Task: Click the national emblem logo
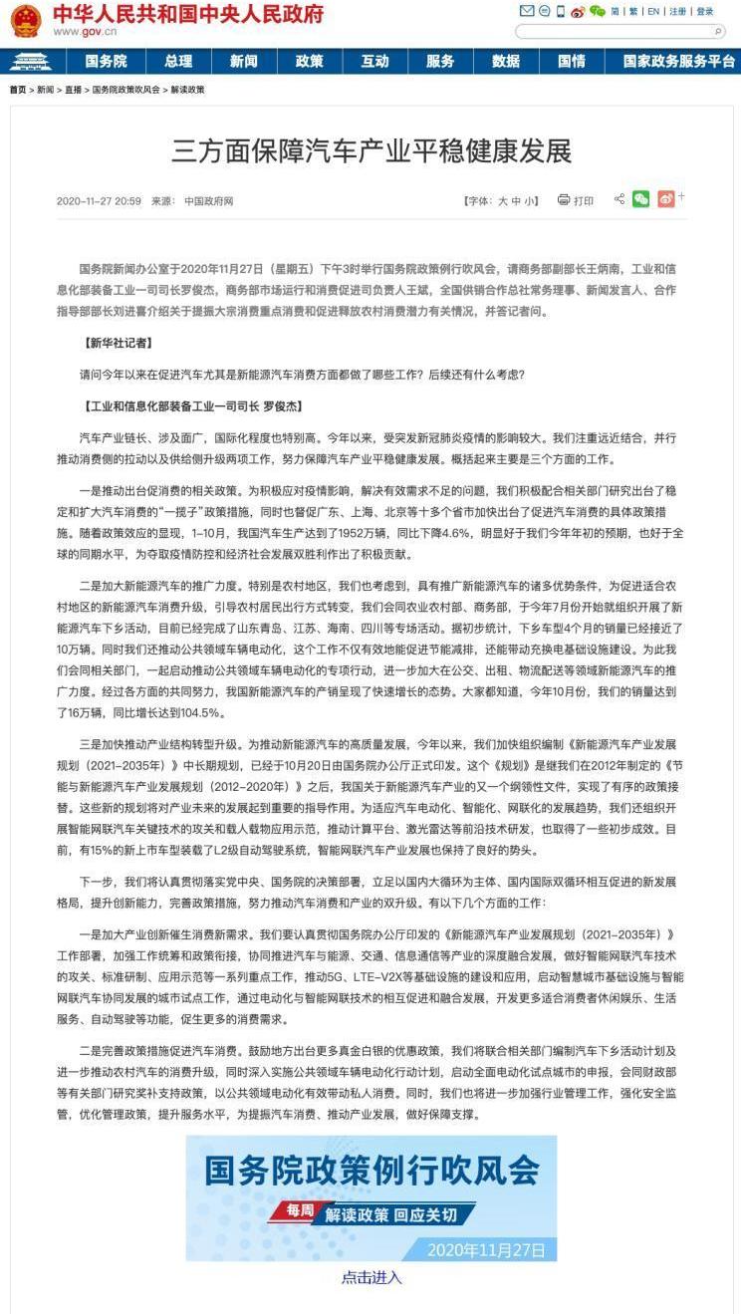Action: pyautogui.click(x=25, y=20)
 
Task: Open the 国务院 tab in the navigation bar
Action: pyautogui.click(x=106, y=61)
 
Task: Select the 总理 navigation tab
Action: pyautogui.click(x=178, y=61)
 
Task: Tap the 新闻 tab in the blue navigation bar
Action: pyautogui.click(x=243, y=61)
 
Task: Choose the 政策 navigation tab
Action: pyautogui.click(x=309, y=61)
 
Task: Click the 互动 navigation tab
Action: pyautogui.click(x=374, y=61)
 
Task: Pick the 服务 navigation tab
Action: pyautogui.click(x=440, y=61)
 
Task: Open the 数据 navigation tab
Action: pyautogui.click(x=506, y=61)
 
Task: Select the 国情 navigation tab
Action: pyautogui.click(x=572, y=61)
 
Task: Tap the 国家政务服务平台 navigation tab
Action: pyautogui.click(x=678, y=61)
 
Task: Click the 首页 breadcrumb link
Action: pyautogui.click(x=18, y=90)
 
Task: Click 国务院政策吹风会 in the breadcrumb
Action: pyautogui.click(x=126, y=90)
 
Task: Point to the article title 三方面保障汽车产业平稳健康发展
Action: pyautogui.click(x=371, y=151)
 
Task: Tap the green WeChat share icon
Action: pyautogui.click(x=640, y=199)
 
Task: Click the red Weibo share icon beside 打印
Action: pyautogui.click(x=665, y=199)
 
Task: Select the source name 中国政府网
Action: pyautogui.click(x=208, y=201)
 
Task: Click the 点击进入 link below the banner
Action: pyautogui.click(x=371, y=1277)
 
